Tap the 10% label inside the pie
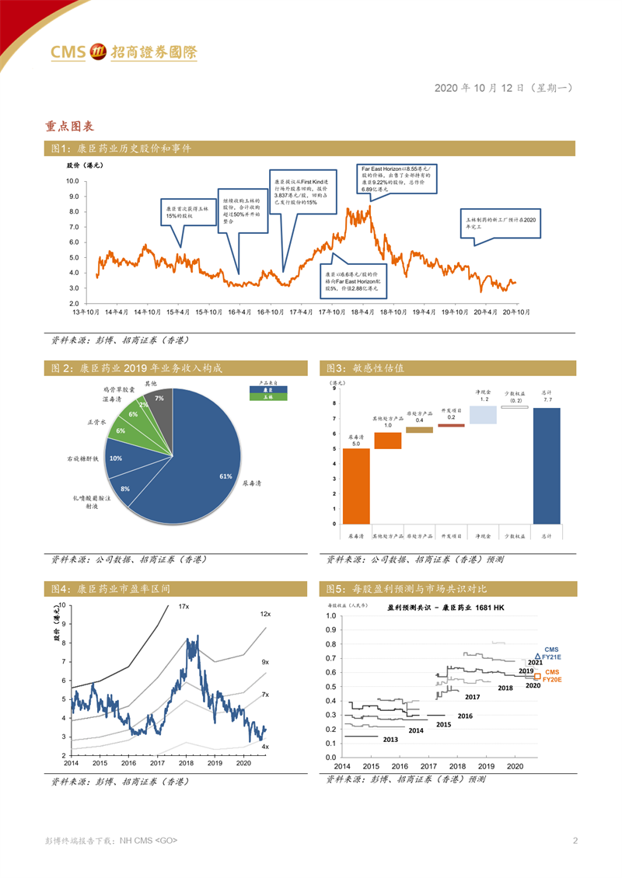[115, 458]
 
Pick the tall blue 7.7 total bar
[547, 465]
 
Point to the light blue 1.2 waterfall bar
[483, 415]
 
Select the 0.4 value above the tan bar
[419, 420]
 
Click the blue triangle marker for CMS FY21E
[538, 657]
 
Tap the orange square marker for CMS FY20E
[537, 676]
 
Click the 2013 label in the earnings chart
[391, 740]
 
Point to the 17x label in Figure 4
[183, 606]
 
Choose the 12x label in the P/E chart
[265, 614]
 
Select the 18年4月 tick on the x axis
[360, 312]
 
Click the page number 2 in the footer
[575, 840]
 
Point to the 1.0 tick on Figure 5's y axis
[330, 615]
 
